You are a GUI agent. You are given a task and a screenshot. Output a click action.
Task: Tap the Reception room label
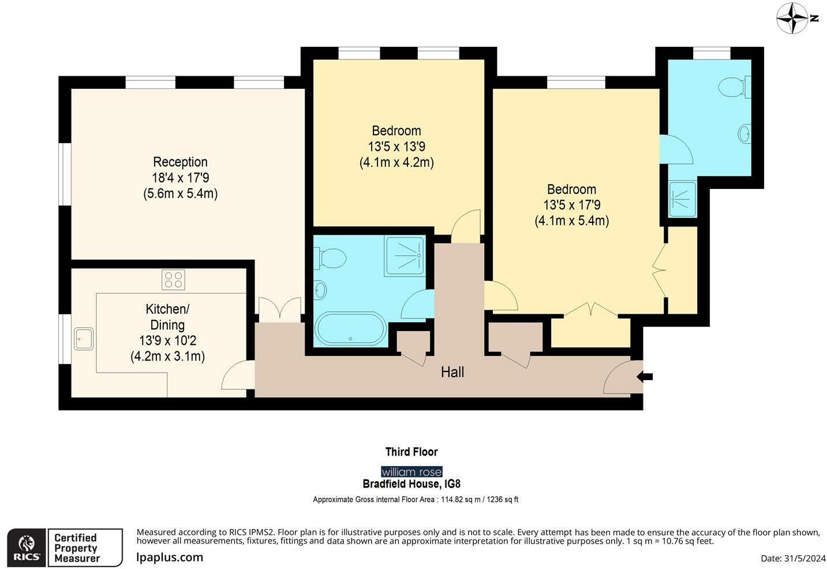tap(180, 162)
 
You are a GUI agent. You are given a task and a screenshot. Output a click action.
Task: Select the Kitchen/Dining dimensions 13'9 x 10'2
tap(167, 340)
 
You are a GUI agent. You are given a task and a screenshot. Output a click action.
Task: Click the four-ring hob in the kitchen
tap(173, 280)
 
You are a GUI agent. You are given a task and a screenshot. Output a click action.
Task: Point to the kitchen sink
tap(84, 339)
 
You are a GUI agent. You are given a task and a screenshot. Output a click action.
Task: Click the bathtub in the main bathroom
tap(350, 329)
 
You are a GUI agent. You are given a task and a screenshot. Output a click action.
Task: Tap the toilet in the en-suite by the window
tap(734, 87)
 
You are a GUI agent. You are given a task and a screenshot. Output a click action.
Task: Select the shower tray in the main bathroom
tap(405, 256)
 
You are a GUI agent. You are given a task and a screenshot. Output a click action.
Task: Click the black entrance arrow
tap(645, 377)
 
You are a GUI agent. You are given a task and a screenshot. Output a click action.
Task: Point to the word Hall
tap(452, 372)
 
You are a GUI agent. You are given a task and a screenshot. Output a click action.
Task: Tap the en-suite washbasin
tap(744, 133)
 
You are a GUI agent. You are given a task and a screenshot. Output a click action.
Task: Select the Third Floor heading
tap(411, 452)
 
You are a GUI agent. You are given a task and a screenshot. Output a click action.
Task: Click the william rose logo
tap(411, 472)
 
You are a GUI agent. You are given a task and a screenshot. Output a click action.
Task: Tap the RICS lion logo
tap(27, 547)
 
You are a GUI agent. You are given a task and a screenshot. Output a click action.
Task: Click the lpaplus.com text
tap(170, 557)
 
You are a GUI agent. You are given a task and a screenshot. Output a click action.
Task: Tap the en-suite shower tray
tap(683, 199)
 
